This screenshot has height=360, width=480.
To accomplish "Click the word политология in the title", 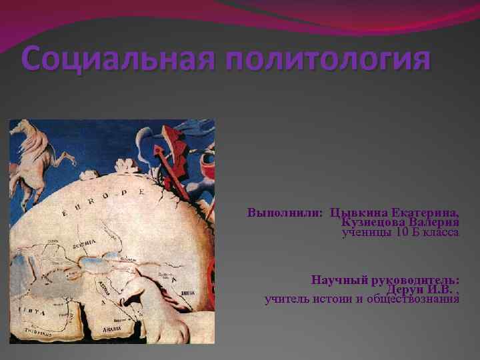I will coord(327,61).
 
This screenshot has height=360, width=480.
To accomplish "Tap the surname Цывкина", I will coord(360,213).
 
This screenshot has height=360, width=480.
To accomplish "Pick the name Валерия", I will coord(434,223).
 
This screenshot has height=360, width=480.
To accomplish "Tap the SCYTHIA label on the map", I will coord(84,245).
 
